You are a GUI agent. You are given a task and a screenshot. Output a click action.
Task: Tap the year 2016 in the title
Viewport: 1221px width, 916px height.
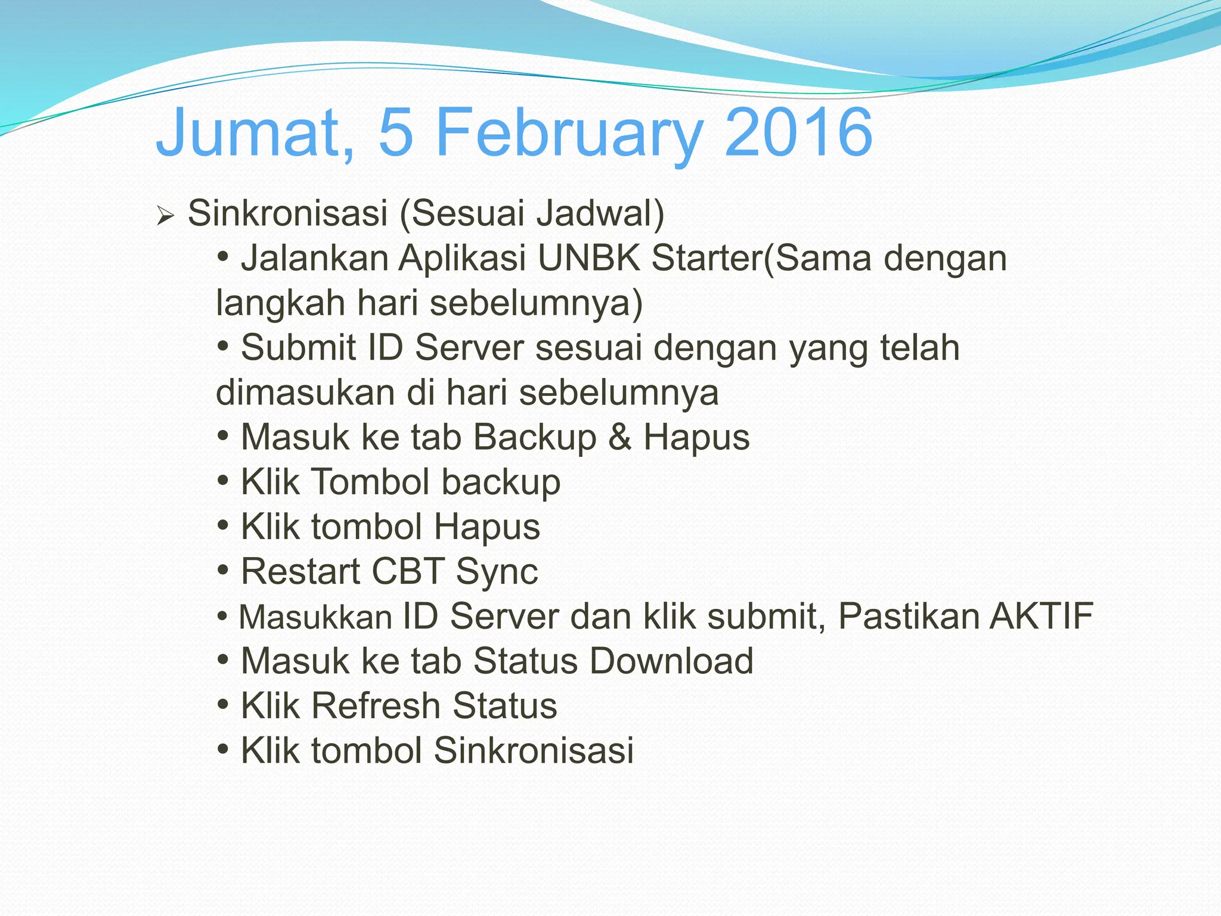click(798, 132)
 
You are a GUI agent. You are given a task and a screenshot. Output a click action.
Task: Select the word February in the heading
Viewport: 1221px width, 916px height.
click(569, 132)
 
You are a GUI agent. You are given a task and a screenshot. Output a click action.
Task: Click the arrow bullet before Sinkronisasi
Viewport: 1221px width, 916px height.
click(165, 215)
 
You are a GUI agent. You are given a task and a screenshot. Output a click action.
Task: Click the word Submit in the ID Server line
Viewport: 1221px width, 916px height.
click(298, 348)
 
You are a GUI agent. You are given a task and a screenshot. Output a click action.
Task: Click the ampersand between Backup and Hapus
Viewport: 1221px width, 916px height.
click(620, 437)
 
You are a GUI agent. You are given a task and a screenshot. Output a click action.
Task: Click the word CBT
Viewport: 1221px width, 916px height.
click(408, 571)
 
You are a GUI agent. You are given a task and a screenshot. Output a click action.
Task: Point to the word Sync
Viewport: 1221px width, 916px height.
click(497, 571)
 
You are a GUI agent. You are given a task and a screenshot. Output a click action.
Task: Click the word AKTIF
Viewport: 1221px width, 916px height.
click(1041, 616)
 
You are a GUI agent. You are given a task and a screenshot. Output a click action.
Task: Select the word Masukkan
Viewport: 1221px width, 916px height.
click(315, 617)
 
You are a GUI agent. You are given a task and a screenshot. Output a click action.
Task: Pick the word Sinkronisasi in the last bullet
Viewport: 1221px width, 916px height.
click(534, 750)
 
